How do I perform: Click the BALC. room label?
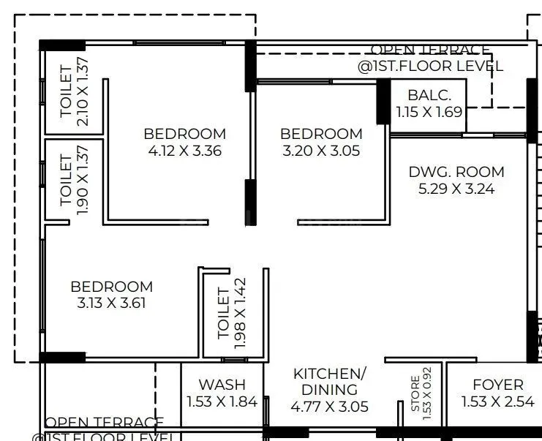[425, 95]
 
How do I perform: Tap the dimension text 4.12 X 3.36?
[184, 151]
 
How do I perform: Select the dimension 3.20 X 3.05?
[321, 151]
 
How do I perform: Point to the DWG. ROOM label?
[456, 173]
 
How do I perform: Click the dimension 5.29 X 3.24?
[456, 189]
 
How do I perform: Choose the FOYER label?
[497, 385]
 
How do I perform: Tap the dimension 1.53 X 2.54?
[497, 402]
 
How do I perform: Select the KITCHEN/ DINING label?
[329, 382]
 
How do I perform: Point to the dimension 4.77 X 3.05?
[329, 407]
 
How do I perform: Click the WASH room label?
[222, 385]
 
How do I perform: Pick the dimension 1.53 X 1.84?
[222, 402]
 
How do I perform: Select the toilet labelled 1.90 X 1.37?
[73, 179]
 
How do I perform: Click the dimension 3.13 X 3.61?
[111, 303]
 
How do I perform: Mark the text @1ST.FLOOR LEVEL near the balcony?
[430, 66]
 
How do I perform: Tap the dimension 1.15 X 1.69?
[429, 112]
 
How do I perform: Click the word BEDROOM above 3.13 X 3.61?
[111, 287]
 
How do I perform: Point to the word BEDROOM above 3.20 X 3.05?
[321, 134]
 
